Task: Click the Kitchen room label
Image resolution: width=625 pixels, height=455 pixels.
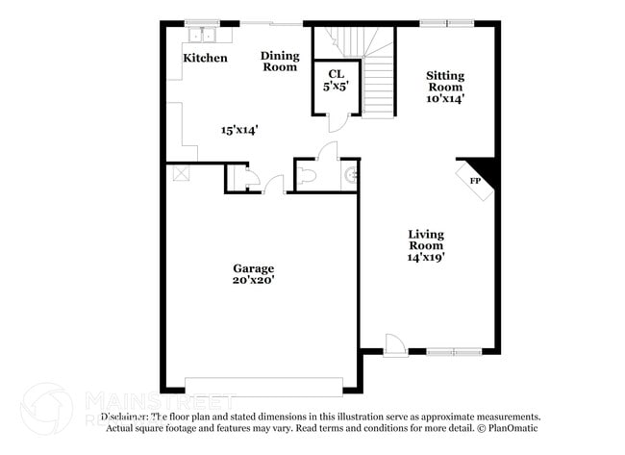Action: point(206,58)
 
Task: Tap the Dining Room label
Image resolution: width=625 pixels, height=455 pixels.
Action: point(280,62)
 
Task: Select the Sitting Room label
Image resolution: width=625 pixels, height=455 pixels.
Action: point(446,86)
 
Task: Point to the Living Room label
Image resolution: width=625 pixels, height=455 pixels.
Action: point(425,240)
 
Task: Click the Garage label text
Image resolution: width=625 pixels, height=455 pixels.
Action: point(254,268)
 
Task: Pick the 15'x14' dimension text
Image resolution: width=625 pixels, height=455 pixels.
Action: point(238,128)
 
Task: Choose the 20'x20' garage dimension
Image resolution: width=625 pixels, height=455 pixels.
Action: point(254,281)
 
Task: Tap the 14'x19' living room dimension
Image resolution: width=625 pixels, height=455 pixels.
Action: point(425,257)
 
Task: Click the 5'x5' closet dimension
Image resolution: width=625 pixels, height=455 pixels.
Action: point(336,86)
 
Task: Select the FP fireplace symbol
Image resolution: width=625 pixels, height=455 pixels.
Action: point(475,181)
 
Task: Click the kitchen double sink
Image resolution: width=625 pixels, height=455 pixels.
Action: point(204,36)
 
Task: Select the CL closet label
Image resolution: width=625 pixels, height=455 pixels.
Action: point(336,72)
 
